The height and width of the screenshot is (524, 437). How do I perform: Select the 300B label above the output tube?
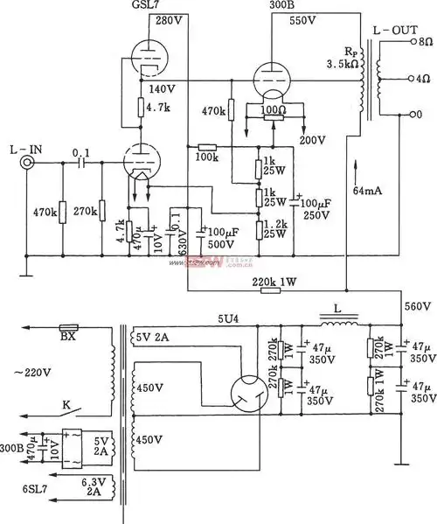274,7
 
